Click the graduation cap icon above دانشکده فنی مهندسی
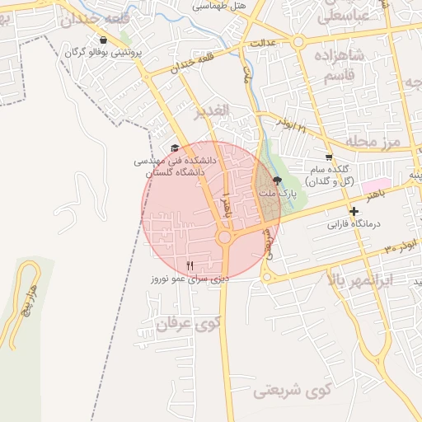(174, 148)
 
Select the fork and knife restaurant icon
(190, 265)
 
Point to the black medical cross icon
(354, 212)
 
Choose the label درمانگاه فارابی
(353, 223)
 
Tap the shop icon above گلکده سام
(330, 157)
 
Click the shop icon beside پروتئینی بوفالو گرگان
(102, 40)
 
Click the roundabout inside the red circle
(224, 238)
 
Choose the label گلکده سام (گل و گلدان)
(330, 175)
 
